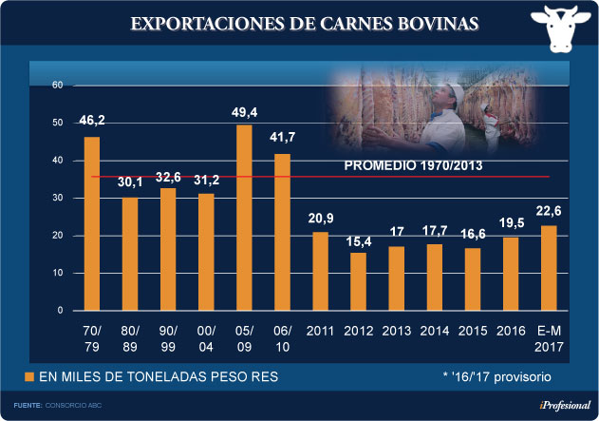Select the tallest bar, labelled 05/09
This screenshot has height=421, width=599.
pos(244,218)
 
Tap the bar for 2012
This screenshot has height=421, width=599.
pos(358,281)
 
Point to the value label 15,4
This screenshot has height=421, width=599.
pos(358,239)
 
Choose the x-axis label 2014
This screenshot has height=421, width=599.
pos(434,332)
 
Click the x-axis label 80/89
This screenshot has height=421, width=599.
pos(130,338)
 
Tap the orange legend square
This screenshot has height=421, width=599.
pos(28,377)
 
